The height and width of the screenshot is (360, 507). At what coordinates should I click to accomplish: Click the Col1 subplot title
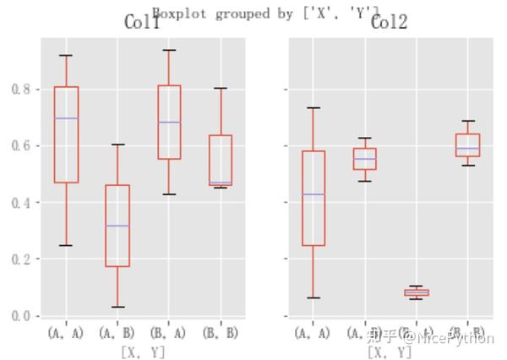coord(141,23)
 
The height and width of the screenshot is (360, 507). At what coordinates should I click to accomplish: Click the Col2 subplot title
coord(389,23)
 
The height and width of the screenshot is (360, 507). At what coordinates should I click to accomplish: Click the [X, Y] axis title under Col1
coord(143,351)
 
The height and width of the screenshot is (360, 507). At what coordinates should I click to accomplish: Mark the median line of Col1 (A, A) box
coord(66,118)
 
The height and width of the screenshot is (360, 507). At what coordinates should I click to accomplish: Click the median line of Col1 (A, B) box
coord(117,226)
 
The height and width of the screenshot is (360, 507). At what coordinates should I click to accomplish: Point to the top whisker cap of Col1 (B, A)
coord(169,50)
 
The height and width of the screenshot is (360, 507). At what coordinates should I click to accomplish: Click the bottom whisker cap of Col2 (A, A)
coord(313,297)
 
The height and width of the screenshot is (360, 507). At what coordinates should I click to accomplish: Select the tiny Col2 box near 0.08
coord(416,292)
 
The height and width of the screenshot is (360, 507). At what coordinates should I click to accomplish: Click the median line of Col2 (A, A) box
coord(313,194)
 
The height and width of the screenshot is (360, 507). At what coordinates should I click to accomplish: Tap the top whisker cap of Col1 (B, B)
coord(220,88)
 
